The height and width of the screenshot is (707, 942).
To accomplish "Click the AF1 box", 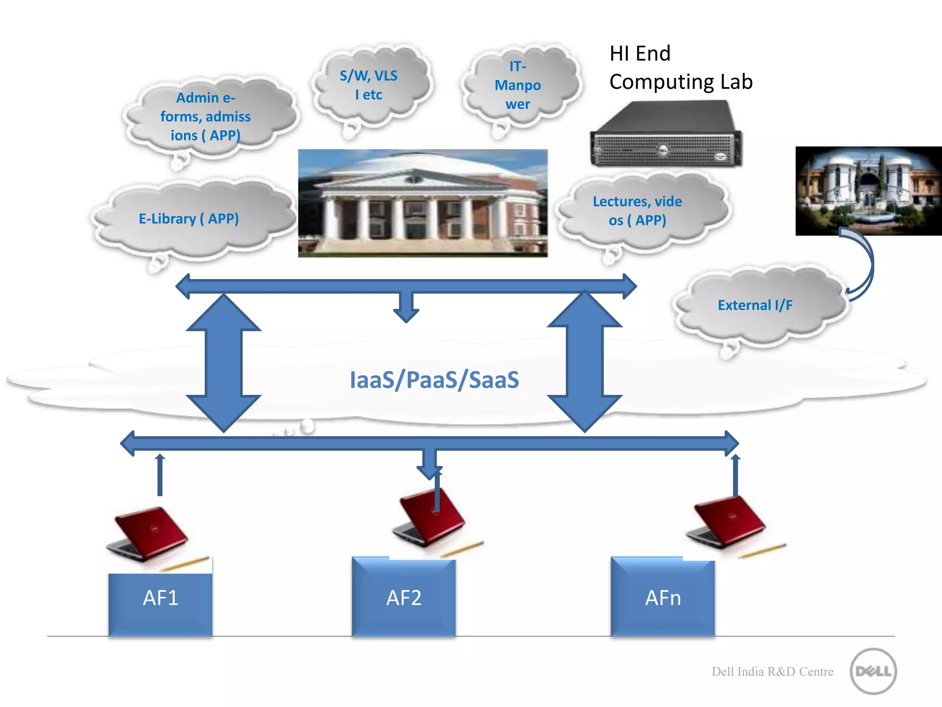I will [x=160, y=603].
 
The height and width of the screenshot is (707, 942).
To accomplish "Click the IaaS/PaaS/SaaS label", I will [x=434, y=380].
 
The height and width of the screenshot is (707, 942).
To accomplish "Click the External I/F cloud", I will [x=755, y=305].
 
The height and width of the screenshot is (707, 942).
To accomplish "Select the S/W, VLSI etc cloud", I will [x=368, y=85].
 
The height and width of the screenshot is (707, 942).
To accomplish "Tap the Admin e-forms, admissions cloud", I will [x=206, y=116].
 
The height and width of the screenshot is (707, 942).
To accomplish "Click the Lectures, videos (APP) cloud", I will [x=637, y=211].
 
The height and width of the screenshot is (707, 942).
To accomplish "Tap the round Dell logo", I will [x=873, y=671].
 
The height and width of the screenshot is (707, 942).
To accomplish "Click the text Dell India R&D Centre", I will [x=772, y=672].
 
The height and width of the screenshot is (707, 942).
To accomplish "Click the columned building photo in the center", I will [x=422, y=203].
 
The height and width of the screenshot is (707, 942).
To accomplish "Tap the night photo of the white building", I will [x=868, y=191].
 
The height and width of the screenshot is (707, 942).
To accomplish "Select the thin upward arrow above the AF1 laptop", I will [x=160, y=475].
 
